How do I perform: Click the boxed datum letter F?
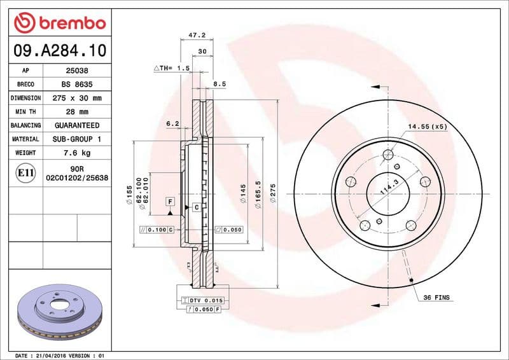(x=170, y=202)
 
